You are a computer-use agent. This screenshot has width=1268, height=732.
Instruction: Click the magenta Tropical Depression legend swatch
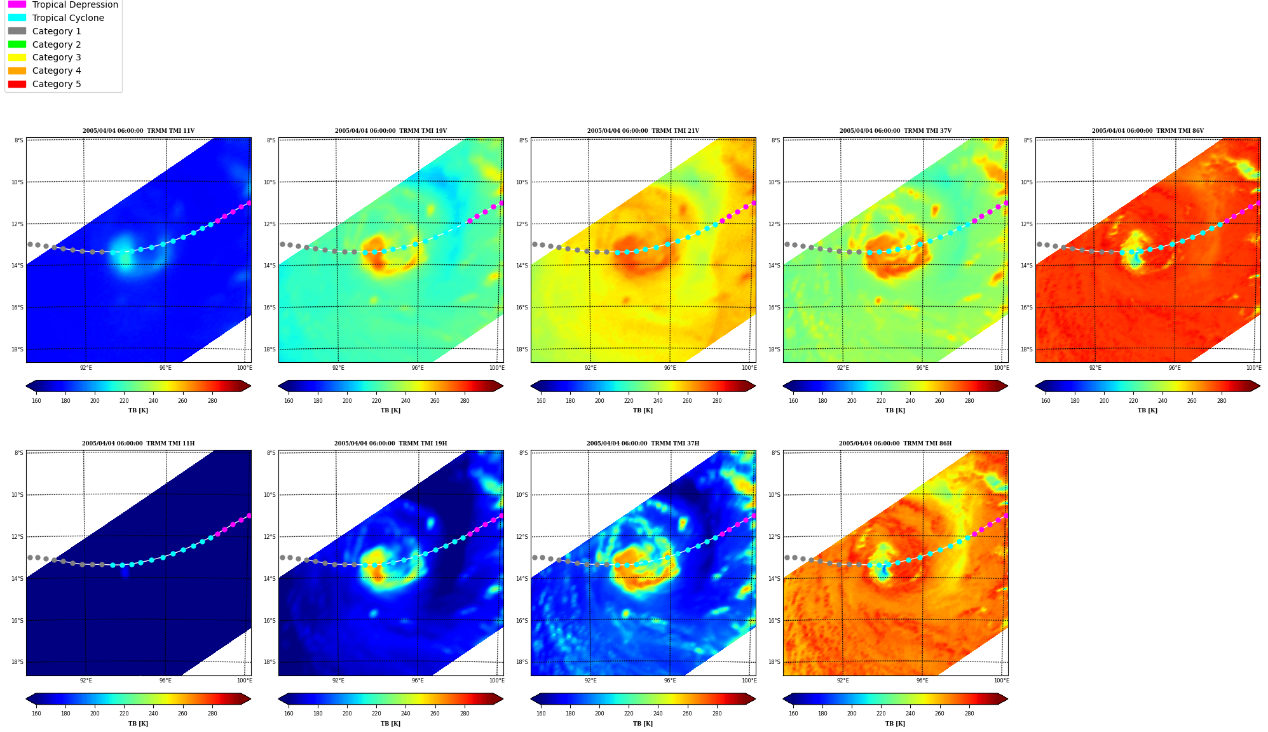(x=17, y=4)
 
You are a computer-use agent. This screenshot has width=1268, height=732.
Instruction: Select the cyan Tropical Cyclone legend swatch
(x=17, y=18)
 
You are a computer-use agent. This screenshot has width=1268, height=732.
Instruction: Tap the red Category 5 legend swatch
(x=17, y=84)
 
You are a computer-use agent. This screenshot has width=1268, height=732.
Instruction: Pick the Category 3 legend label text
(x=57, y=57)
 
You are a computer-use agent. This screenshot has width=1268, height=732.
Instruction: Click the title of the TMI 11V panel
(x=139, y=131)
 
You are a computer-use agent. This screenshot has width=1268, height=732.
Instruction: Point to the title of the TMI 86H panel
(x=895, y=444)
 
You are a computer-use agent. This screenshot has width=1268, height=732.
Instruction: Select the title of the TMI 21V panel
(x=643, y=131)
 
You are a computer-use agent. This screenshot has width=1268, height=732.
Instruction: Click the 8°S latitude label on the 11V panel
(x=19, y=140)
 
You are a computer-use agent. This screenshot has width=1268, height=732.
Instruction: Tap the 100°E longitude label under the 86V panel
(x=1253, y=368)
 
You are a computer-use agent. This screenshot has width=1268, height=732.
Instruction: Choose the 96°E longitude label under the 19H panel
(x=418, y=681)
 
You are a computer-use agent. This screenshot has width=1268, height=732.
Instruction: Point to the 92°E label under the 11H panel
(x=86, y=681)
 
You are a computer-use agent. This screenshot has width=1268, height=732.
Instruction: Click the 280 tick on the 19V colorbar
(x=465, y=401)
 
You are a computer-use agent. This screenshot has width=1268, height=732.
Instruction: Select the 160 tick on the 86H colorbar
(x=793, y=714)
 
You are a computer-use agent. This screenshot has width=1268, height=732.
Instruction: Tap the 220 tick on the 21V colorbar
(x=629, y=401)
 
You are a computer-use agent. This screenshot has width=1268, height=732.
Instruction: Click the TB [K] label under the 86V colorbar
(x=1147, y=410)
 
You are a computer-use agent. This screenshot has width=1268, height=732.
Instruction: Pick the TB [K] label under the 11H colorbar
(x=138, y=723)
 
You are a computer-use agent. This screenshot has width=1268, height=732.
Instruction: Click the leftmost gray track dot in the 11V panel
(x=30, y=244)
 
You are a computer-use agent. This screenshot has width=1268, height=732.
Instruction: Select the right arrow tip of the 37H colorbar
(x=756, y=699)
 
